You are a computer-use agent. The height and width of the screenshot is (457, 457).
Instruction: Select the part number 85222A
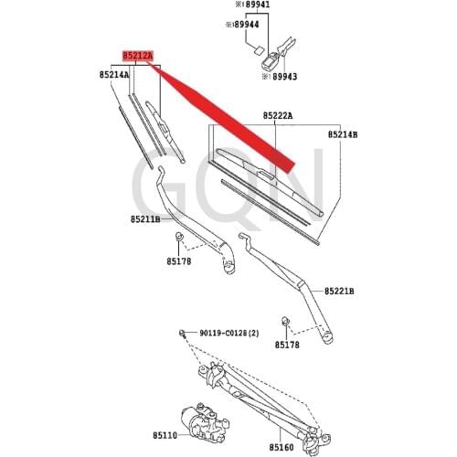(277, 116)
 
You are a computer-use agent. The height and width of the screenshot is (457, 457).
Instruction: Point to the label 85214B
(343, 134)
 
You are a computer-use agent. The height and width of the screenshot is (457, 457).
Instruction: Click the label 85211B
(144, 219)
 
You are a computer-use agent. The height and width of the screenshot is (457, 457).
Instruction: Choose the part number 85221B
(338, 291)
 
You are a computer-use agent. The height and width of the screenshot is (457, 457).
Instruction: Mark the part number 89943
(278, 78)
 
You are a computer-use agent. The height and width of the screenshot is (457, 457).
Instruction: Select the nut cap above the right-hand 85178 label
(286, 322)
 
